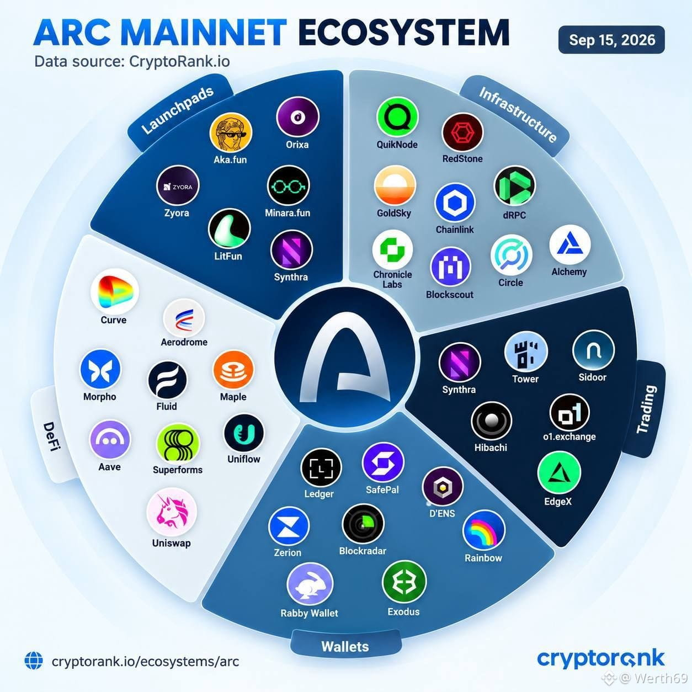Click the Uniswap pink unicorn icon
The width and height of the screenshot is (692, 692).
point(172,512)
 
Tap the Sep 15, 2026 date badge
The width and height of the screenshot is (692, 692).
point(611,40)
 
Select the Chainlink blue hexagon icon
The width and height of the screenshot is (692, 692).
point(455,203)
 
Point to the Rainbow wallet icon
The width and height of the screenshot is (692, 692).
point(484,531)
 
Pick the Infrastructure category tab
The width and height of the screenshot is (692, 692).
point(517,115)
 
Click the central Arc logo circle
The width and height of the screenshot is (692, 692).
point(345,357)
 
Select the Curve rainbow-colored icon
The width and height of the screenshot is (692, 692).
point(114,291)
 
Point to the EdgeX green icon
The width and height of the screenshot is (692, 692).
point(558,472)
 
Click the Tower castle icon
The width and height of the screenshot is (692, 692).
point(526,352)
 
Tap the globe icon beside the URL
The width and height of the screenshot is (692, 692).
point(34,661)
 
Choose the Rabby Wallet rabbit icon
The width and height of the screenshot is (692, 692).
point(310,584)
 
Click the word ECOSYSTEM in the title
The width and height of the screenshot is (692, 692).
point(403,33)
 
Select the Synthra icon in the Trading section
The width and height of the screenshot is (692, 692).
point(459,363)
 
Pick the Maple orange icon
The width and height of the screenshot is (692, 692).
point(233,371)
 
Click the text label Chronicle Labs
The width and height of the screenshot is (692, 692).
point(392,279)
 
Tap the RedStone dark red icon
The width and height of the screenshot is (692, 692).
point(462,132)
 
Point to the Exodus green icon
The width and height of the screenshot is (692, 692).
point(404,582)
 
